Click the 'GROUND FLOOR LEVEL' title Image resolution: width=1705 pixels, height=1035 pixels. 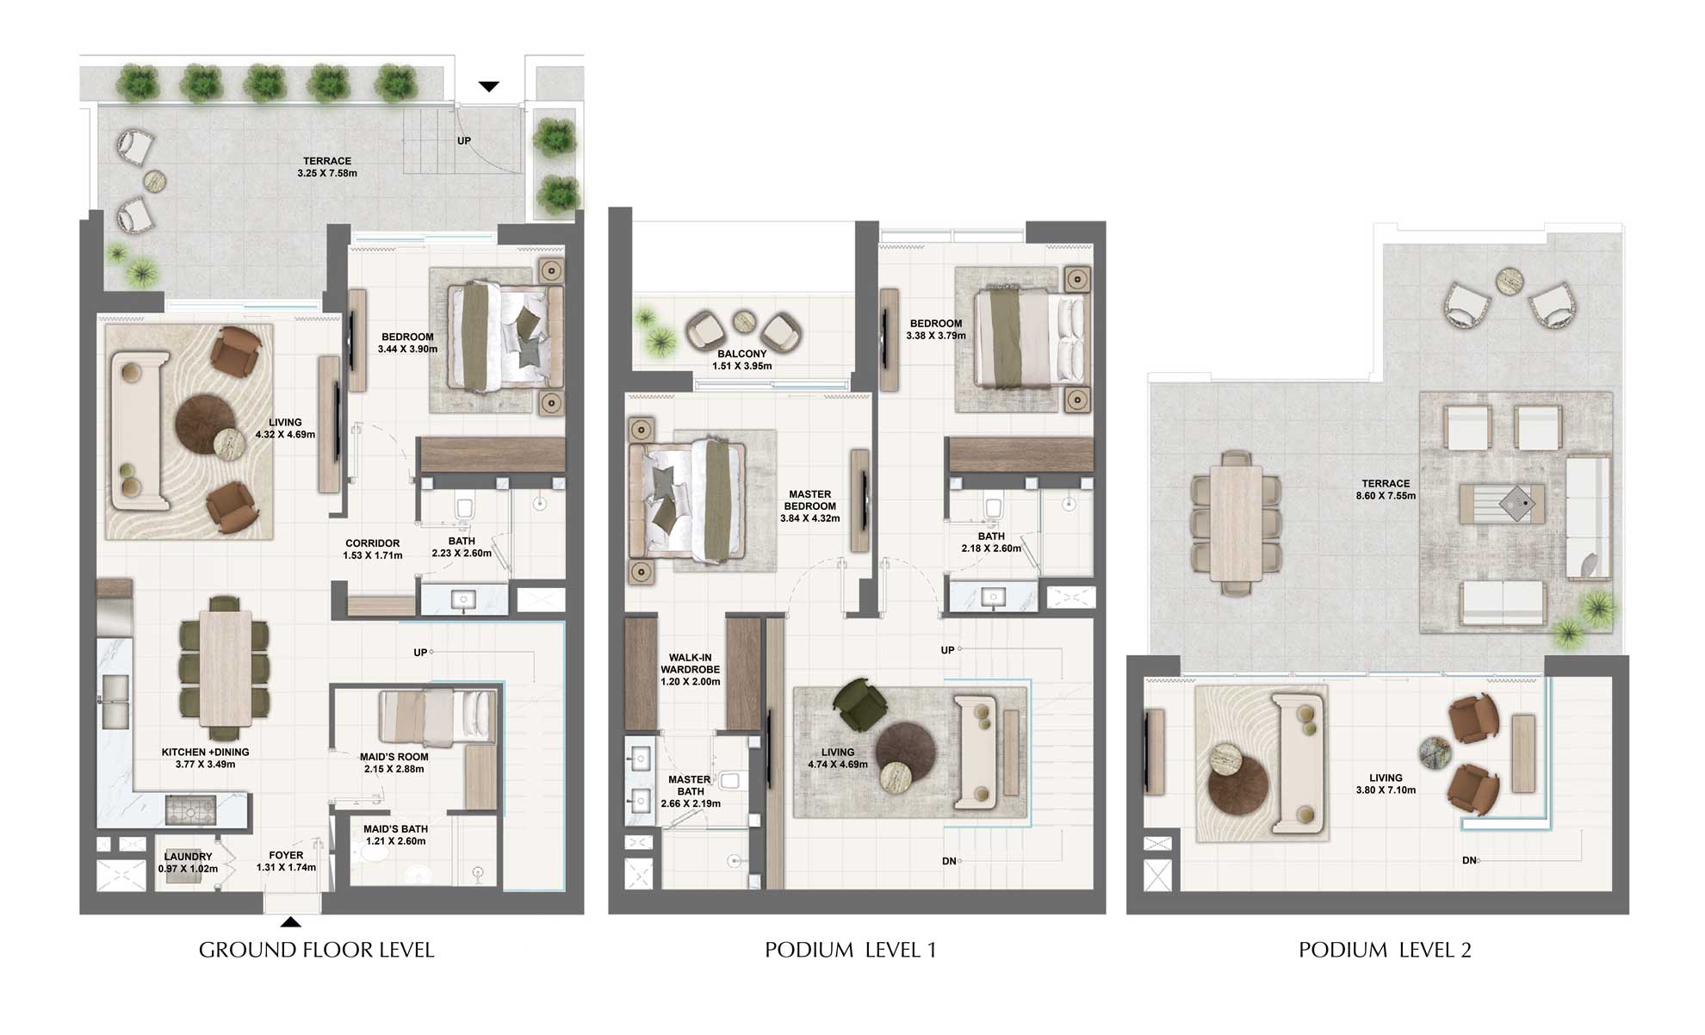(x=316, y=950)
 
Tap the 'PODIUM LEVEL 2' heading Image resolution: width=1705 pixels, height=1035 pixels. (x=1385, y=950)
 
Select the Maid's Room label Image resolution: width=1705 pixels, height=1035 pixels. (x=394, y=763)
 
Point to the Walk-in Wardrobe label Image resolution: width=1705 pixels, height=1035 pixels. (x=690, y=669)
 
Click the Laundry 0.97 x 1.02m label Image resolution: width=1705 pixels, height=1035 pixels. (x=188, y=863)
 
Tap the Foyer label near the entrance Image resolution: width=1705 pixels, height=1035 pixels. (x=286, y=861)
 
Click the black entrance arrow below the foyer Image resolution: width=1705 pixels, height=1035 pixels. (x=291, y=922)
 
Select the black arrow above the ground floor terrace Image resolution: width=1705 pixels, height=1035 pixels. (x=488, y=86)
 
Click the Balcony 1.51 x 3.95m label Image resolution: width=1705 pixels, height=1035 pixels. (x=741, y=360)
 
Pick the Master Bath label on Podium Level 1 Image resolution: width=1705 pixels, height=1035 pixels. (x=690, y=791)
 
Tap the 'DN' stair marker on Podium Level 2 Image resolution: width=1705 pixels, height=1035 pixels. (x=1469, y=860)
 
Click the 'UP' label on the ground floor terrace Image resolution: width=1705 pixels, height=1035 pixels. (x=464, y=141)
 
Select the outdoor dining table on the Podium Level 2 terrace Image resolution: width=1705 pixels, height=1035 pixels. (x=1236, y=523)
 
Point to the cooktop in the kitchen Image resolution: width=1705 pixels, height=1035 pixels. (x=182, y=810)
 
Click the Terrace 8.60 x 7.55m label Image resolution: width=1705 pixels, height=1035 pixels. (x=1386, y=490)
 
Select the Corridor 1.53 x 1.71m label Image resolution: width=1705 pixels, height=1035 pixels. (x=372, y=549)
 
